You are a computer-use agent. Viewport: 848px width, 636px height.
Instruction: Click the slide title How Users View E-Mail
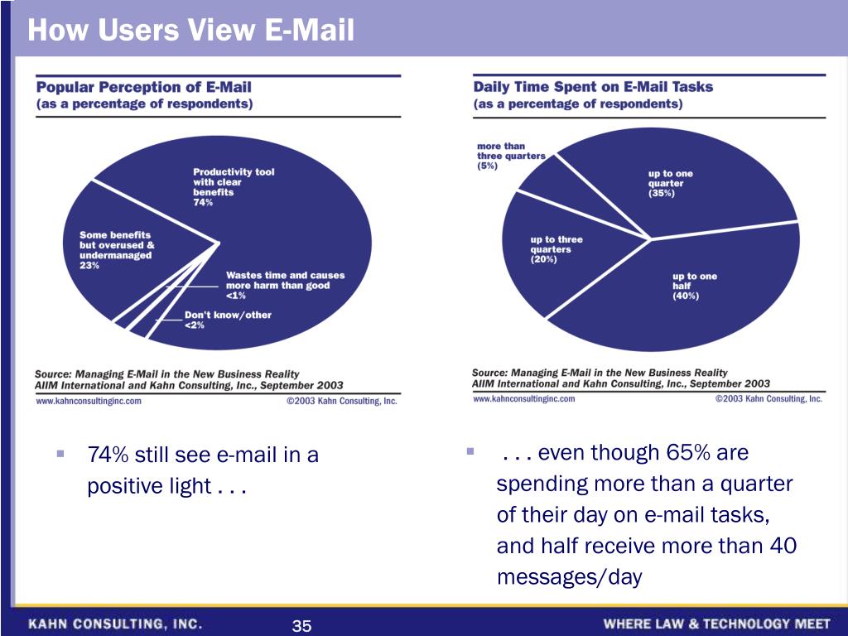pos(190,31)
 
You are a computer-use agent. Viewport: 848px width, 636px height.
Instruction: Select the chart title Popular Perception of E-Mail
pos(143,87)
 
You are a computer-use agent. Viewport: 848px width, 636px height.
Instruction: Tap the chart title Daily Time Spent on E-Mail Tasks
pos(593,87)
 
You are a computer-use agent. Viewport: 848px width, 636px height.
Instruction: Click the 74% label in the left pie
pos(203,202)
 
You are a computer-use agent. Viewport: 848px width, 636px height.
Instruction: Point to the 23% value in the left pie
pos(89,266)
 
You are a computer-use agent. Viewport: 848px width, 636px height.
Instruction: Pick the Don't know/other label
pos(228,315)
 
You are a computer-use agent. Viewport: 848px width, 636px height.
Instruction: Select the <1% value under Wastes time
pos(235,296)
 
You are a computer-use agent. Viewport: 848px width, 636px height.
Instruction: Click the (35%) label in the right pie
pos(661,194)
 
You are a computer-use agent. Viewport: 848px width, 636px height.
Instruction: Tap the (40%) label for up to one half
pos(686,296)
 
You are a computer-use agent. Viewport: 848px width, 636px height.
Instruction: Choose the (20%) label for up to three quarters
pos(543,259)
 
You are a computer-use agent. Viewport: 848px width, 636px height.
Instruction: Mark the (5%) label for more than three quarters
pos(487,166)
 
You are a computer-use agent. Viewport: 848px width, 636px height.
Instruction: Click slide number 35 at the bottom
pos(301,626)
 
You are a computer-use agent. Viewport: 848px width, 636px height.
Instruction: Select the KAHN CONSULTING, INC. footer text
pos(115,624)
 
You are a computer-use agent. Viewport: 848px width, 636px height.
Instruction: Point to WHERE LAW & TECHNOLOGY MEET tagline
pos(716,624)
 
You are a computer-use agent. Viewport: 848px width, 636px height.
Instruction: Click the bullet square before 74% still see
pos(60,453)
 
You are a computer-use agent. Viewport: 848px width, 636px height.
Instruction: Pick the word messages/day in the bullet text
pos(569,577)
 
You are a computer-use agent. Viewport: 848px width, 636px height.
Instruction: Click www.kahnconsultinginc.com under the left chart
pos(89,401)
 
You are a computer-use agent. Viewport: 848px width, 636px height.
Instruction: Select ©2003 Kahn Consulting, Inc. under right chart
pos(768,399)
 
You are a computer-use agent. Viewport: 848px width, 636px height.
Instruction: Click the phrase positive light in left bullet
pos(149,486)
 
